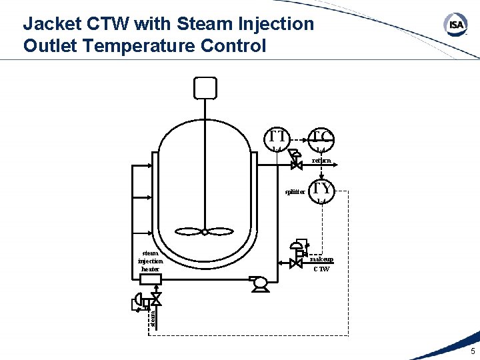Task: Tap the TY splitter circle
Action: tap(323, 190)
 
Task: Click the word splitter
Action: tap(295, 192)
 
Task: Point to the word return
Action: tap(321, 161)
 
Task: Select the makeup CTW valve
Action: tap(296, 263)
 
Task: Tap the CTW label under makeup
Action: tap(321, 269)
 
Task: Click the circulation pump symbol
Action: tap(259, 283)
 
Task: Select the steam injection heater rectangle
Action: tap(151, 279)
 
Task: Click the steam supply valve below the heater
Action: tap(157, 298)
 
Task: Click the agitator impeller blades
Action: tap(205, 231)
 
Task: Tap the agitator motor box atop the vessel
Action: tap(205, 87)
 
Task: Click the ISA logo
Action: tap(456, 25)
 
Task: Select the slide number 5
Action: tap(473, 351)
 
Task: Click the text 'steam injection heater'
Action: tap(151, 261)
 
